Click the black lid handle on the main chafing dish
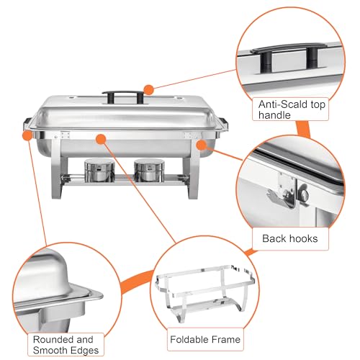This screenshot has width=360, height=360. (x=117, y=94)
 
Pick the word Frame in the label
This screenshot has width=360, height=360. (x=225, y=338)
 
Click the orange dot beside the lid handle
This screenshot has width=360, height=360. (x=148, y=89)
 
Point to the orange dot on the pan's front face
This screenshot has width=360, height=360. (x=100, y=137)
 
